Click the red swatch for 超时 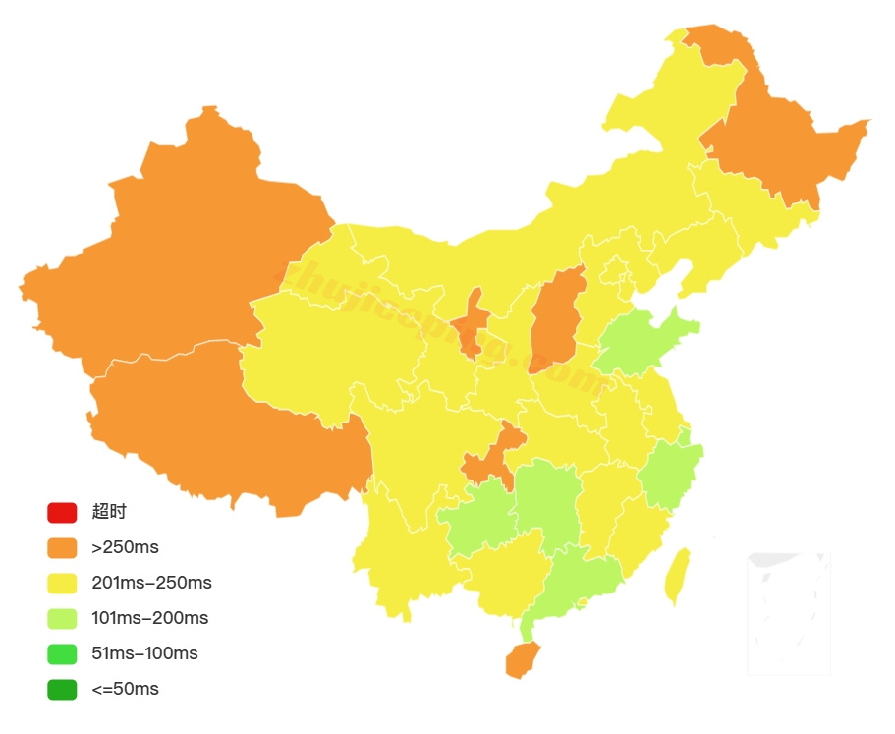point(61,512)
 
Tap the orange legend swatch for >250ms point(61,547)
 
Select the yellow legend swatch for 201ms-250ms point(61,583)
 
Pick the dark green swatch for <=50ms point(61,689)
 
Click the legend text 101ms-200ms point(149,618)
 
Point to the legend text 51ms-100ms point(144,653)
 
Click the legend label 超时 point(109,512)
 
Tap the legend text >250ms point(125,547)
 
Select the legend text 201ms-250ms point(151,583)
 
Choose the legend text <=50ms point(125,689)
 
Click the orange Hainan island point(522,660)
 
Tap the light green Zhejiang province point(671,472)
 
